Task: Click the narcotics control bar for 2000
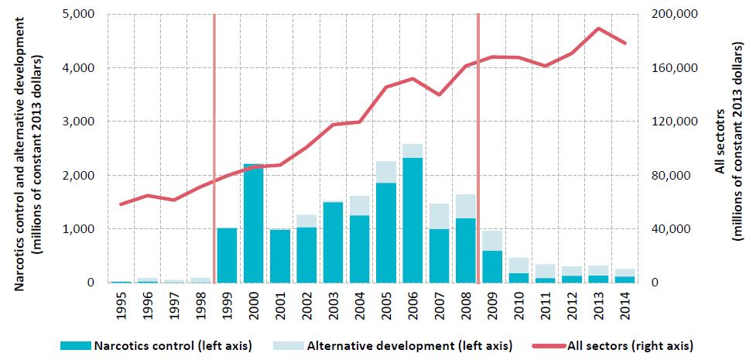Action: (253, 224)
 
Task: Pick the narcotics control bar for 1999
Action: (227, 255)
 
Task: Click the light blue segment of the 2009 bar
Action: (492, 241)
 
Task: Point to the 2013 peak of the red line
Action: (598, 29)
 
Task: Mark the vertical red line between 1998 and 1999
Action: (214, 147)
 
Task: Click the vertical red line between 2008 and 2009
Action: (478, 147)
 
